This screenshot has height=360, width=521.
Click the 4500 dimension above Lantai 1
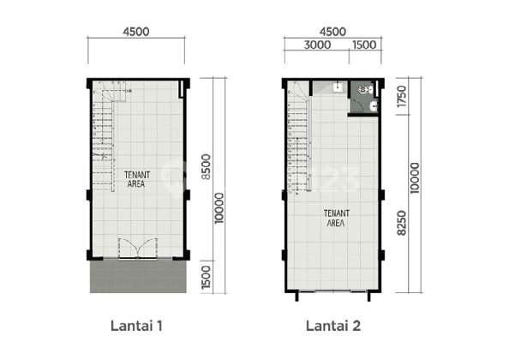tap(137, 32)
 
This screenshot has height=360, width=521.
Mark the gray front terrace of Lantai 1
tap(137, 276)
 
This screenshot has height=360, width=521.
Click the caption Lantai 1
tap(136, 326)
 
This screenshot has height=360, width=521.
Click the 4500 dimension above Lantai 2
tap(332, 32)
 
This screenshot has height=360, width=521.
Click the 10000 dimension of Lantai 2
tap(416, 179)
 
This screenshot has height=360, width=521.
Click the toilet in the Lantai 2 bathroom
tap(367, 88)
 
